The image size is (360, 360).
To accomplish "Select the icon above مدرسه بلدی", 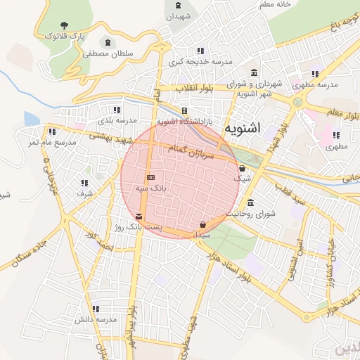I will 117,110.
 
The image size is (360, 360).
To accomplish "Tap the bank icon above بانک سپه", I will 150,177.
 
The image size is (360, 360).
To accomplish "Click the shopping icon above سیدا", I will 202,225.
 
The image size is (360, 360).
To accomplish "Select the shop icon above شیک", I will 242,169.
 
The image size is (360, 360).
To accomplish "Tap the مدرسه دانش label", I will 96,320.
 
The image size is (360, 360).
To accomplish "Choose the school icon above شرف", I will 84,183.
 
